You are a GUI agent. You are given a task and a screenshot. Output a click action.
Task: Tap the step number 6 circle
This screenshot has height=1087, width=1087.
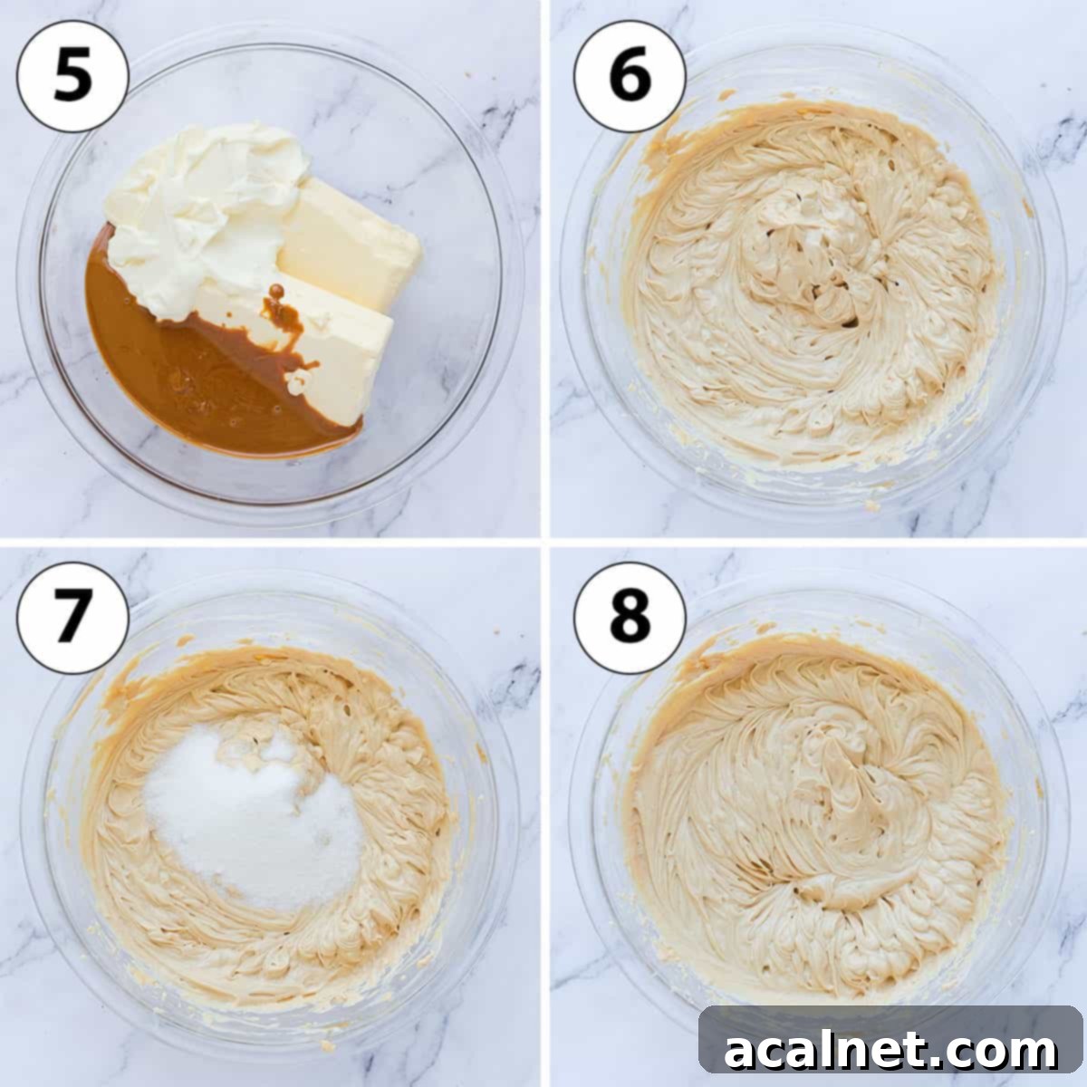[630, 77]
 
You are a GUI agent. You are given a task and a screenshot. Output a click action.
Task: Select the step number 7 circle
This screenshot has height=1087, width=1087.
[73, 618]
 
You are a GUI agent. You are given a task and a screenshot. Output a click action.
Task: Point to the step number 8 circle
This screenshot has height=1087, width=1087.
[630, 618]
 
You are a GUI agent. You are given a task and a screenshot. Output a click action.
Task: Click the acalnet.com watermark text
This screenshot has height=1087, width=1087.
[890, 1051]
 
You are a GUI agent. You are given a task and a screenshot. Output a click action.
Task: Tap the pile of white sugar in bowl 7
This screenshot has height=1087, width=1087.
[254, 815]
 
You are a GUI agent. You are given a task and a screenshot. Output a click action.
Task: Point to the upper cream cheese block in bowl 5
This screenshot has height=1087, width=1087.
[349, 240]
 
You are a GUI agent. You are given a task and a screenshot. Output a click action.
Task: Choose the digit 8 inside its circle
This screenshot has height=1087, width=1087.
[630, 618]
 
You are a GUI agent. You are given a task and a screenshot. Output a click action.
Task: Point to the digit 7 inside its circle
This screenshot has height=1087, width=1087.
[73, 618]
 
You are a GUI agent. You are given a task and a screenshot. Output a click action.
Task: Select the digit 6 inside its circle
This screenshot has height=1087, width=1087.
[630, 77]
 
